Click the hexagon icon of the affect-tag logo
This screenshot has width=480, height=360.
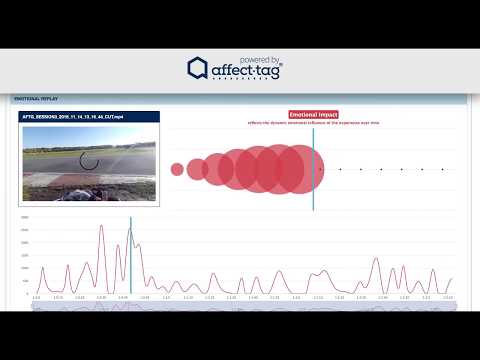tap(197, 68)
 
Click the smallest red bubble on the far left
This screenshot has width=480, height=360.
tap(177, 169)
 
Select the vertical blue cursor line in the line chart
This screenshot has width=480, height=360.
tap(130, 255)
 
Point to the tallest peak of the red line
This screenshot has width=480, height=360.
tap(100, 226)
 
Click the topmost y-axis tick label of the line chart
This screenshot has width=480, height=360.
tap(25, 217)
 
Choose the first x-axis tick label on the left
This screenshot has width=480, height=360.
tap(36, 298)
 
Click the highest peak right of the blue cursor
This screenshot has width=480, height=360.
tap(376, 258)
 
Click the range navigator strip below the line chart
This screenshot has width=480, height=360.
tap(240, 306)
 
